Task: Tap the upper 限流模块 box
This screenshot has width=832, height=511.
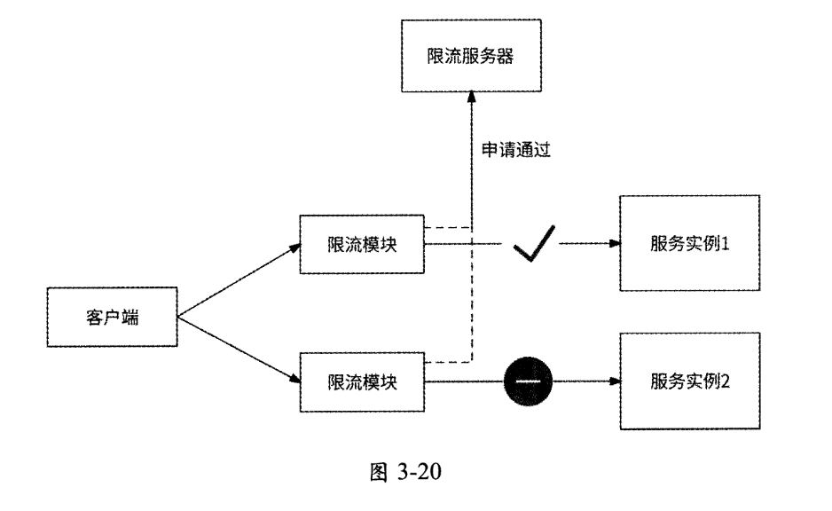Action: click(361, 242)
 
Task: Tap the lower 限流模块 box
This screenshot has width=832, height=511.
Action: click(361, 381)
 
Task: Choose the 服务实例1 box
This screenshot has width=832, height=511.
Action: click(689, 242)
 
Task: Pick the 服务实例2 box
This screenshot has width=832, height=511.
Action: click(689, 381)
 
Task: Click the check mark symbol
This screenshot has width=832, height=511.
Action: click(535, 243)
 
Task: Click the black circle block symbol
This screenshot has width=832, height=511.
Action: click(528, 381)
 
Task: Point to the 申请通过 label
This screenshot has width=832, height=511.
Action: click(516, 150)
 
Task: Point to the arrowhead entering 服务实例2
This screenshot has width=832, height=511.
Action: click(612, 381)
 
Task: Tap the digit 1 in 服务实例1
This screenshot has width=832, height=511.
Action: click(725, 242)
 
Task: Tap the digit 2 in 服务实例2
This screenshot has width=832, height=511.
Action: click(725, 381)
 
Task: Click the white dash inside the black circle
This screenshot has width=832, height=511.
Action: click(528, 381)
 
